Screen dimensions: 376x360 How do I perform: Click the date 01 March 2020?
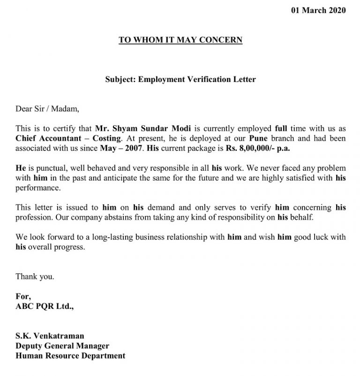click(x=318, y=10)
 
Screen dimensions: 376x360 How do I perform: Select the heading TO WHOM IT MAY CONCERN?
click(x=180, y=40)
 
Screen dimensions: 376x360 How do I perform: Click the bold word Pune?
click(x=258, y=139)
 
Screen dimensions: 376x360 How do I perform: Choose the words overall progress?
click(x=56, y=247)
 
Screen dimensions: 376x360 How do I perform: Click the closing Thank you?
click(x=35, y=277)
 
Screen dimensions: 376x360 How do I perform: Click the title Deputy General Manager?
click(x=62, y=346)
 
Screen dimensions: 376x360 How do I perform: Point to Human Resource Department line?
click(x=70, y=356)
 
